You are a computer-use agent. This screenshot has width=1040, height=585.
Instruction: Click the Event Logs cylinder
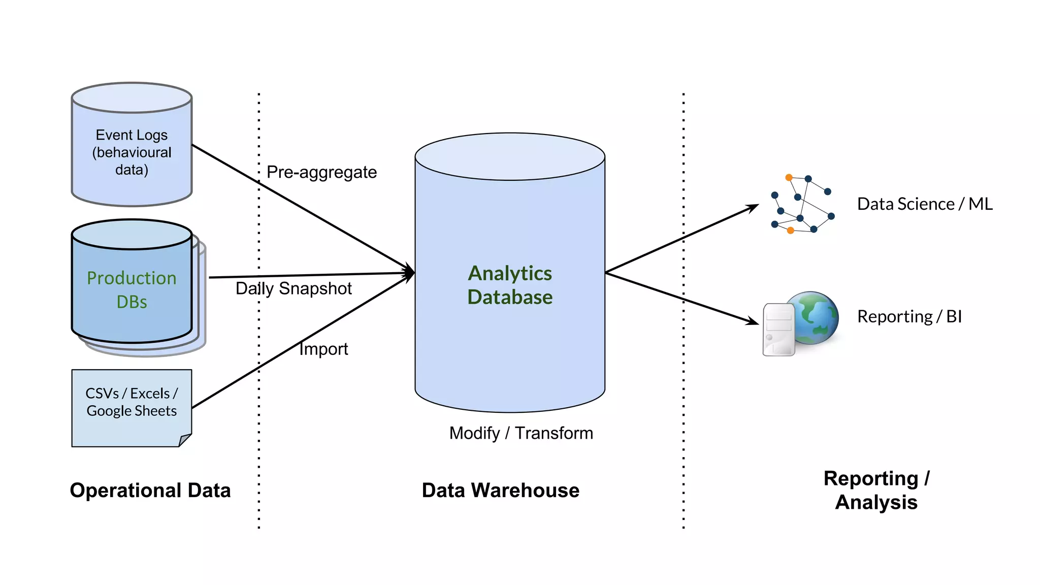132,152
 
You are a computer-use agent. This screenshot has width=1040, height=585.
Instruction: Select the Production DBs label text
132,289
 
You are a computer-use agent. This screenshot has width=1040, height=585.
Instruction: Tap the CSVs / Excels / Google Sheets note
132,402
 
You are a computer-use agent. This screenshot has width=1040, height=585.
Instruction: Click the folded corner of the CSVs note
185,440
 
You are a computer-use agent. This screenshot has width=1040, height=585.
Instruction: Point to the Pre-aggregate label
321,173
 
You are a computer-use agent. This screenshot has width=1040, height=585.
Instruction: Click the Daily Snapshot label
294,288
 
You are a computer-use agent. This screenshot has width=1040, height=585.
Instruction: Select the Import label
323,349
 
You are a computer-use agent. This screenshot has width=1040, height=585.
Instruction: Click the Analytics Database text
510,285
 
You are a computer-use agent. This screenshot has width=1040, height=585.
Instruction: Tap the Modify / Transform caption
521,433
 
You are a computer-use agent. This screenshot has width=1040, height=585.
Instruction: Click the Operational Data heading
150,491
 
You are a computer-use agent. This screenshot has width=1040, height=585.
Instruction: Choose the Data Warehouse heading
500,491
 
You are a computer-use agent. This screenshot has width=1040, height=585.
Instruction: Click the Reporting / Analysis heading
876,491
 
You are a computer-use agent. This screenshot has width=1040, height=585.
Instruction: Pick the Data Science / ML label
925,204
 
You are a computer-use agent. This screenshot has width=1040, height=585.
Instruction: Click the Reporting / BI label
909,317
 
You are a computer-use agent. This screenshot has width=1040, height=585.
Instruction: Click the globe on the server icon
815,317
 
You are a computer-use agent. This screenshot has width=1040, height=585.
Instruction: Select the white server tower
778,330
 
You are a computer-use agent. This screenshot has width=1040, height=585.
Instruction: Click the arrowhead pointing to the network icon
754,207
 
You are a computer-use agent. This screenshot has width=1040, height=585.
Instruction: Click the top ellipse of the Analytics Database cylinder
510,156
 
